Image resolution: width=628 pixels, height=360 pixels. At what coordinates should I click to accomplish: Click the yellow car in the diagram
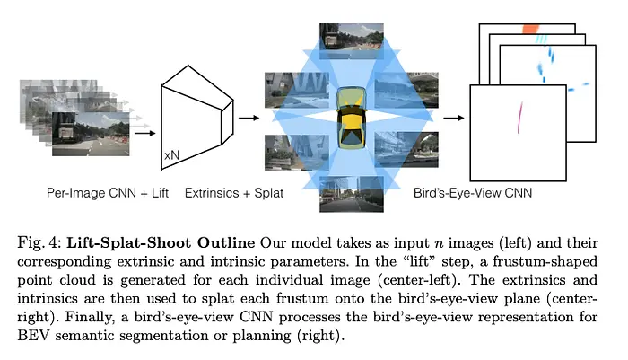tap(352, 118)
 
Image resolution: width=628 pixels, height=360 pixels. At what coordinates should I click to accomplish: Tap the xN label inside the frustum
tap(171, 155)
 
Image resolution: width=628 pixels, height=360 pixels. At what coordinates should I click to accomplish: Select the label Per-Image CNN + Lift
tap(108, 193)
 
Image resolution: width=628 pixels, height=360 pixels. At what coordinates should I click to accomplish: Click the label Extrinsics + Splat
tap(234, 193)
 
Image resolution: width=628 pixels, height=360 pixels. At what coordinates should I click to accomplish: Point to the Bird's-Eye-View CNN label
tap(473, 193)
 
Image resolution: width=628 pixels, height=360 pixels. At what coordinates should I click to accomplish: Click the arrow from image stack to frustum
tap(145, 133)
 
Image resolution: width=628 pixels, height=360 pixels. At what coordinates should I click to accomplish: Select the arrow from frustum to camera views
tap(249, 118)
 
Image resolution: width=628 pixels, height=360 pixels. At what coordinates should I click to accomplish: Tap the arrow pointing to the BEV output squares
tap(454, 118)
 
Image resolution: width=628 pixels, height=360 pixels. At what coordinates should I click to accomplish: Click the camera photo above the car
tap(352, 41)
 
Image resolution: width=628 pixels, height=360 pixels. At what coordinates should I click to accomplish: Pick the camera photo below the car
tap(352, 194)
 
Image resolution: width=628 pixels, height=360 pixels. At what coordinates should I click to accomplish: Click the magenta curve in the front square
tap(519, 117)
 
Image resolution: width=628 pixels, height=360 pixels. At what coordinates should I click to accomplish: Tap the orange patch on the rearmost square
tap(531, 29)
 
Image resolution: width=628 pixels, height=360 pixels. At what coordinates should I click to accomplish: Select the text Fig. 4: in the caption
tap(39, 243)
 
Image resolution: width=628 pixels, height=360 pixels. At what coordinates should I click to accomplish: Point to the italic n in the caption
tap(438, 244)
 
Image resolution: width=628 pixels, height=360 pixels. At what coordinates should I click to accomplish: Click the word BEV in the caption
tap(33, 335)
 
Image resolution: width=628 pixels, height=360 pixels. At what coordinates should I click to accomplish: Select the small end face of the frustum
tap(227, 122)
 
